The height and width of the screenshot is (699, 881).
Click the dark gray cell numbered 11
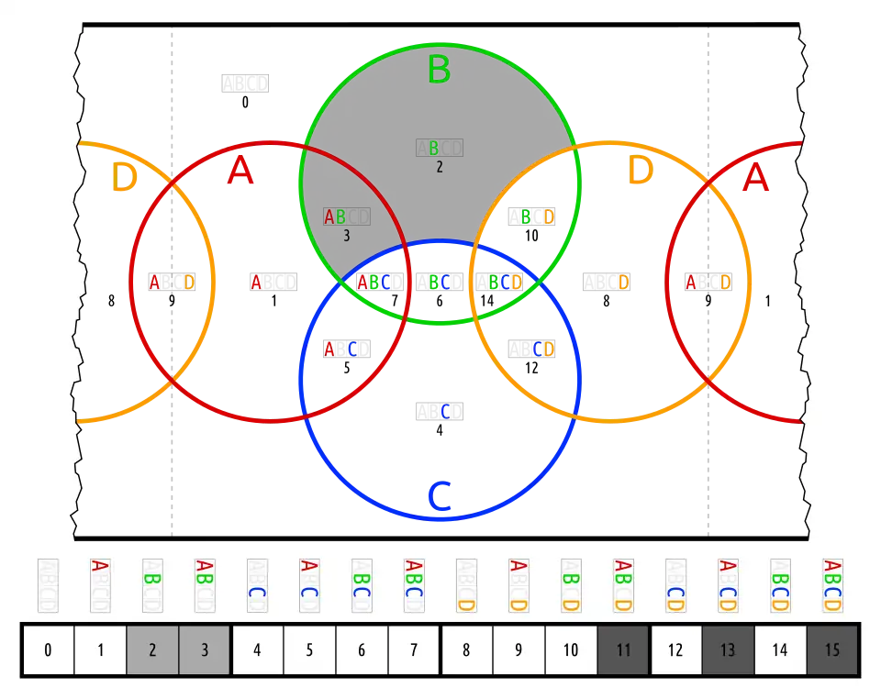click(x=623, y=650)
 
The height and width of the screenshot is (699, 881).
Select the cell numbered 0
click(x=48, y=650)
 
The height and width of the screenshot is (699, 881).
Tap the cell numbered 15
click(x=832, y=650)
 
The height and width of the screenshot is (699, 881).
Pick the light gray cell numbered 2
click(x=152, y=650)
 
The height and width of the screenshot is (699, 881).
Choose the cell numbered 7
click(x=414, y=650)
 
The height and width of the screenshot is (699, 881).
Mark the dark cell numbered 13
click(x=728, y=650)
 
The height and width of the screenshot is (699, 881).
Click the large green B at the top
click(x=439, y=70)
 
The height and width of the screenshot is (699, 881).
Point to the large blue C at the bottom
click(x=441, y=497)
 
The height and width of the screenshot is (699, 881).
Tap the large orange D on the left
click(x=124, y=178)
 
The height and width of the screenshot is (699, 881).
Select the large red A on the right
click(x=754, y=179)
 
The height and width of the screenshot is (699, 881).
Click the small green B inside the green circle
click(x=434, y=148)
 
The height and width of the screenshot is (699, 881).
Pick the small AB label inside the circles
click(x=335, y=217)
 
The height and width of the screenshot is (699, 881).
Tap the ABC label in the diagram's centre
click(x=374, y=282)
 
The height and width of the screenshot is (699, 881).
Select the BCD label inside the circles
click(x=505, y=282)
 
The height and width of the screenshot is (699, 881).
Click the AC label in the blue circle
click(x=340, y=349)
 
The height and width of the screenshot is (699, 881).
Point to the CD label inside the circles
click(x=543, y=349)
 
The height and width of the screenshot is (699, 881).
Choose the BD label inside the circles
click(x=537, y=216)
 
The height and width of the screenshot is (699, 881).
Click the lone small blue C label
click(x=446, y=411)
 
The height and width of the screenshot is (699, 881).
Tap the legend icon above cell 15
click(x=832, y=585)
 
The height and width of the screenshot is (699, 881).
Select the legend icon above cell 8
click(x=466, y=585)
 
